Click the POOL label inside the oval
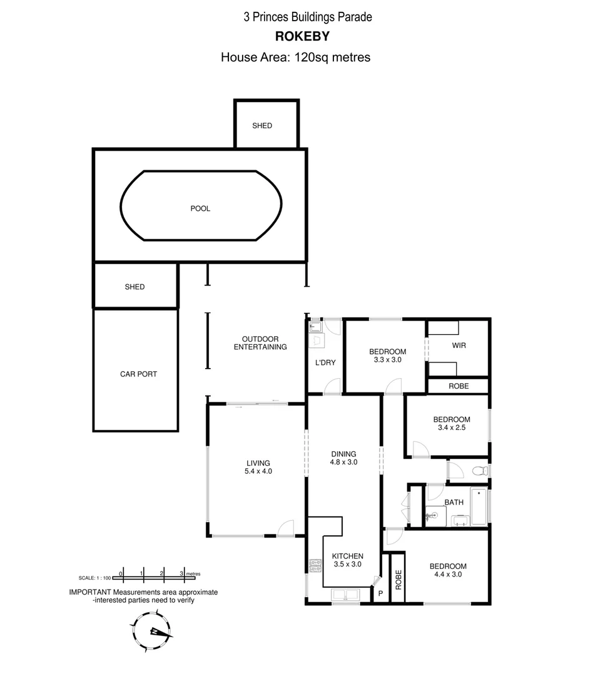[x=200, y=208]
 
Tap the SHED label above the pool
[x=262, y=126]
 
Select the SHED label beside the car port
[x=134, y=287]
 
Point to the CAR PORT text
[x=138, y=374]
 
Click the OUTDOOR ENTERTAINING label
[x=260, y=343]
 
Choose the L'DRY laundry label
[x=325, y=362]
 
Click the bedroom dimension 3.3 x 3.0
[x=387, y=360]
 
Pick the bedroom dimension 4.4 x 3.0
[x=449, y=575]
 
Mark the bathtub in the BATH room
[x=479, y=506]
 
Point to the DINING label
[x=343, y=454]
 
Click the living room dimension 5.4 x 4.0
[x=258, y=472]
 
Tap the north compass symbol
[x=152, y=632]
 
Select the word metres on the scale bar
[x=193, y=573]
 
